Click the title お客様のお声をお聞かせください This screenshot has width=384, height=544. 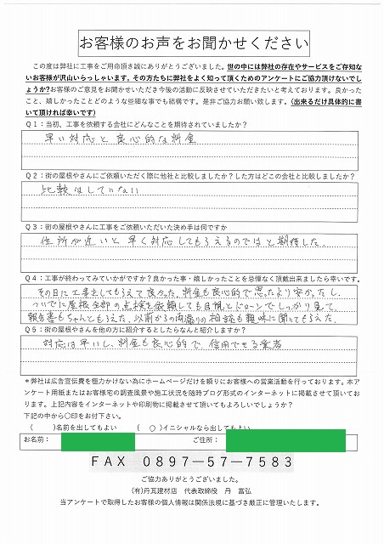point(192,42)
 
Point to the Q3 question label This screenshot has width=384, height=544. point(37,227)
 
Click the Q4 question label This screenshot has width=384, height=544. point(37,276)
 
